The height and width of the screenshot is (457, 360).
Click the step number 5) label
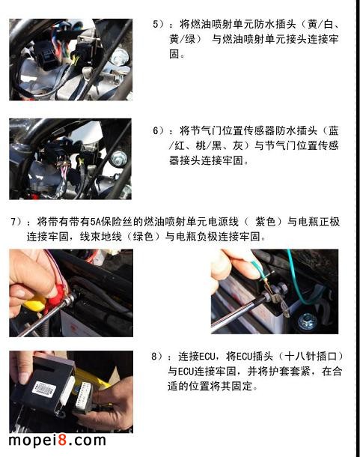click(x=159, y=24)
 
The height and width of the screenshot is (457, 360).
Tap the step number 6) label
click(x=159, y=130)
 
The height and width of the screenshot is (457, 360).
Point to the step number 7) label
click(x=16, y=222)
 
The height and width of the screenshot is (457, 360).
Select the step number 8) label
click(x=157, y=356)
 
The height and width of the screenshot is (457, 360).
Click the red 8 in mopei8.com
click(x=62, y=440)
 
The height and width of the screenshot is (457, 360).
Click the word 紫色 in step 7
click(x=266, y=222)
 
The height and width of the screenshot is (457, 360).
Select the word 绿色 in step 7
click(x=143, y=237)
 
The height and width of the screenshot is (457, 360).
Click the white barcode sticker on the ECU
click(x=43, y=389)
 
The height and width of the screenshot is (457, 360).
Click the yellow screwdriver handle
click(x=34, y=304)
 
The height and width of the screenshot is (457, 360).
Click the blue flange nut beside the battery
click(x=308, y=322)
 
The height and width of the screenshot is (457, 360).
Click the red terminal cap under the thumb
click(x=59, y=294)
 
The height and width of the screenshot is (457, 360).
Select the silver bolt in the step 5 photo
click(x=119, y=57)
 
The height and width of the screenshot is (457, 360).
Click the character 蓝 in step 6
click(x=333, y=130)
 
